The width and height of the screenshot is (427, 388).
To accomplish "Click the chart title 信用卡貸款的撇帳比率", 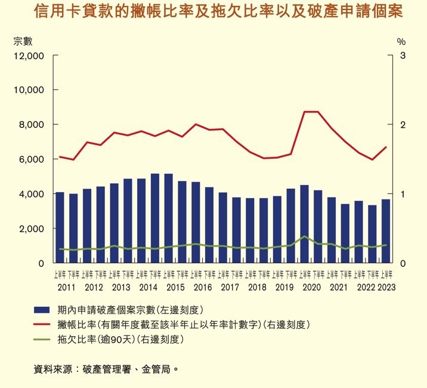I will pyautogui.click(x=218, y=11).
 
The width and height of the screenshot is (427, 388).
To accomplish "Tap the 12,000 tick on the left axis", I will pyautogui.click(x=29, y=56).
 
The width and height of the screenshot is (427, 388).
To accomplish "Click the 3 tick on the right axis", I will pyautogui.click(x=403, y=56).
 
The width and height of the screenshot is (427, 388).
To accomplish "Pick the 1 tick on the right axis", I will pyautogui.click(x=403, y=194).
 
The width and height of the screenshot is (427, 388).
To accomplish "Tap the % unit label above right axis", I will pyautogui.click(x=401, y=42).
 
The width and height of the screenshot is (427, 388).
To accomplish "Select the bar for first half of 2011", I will pyautogui.click(x=60, y=227).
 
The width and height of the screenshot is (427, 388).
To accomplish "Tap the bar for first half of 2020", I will pyautogui.click(x=304, y=224).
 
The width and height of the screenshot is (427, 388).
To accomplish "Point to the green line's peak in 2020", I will pyautogui.click(x=304, y=236).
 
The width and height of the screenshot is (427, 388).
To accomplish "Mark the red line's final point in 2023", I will pyautogui.click(x=386, y=147).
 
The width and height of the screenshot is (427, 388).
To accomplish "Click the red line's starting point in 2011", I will pyautogui.click(x=60, y=156).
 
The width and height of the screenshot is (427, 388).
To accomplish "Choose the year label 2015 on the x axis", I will pyautogui.click(x=175, y=287).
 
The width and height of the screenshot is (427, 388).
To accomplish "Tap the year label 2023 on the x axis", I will pyautogui.click(x=386, y=287).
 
